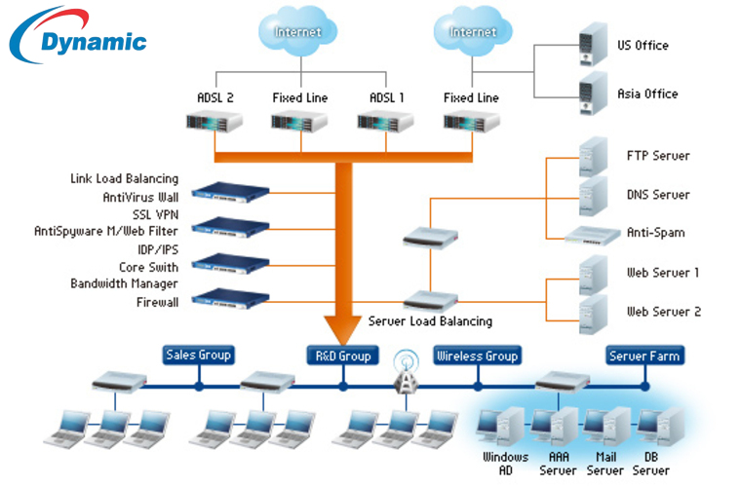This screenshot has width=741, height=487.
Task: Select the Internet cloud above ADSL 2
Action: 297,34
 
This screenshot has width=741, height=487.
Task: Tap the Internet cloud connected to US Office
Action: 473,34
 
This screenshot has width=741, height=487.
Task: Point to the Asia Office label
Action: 647,94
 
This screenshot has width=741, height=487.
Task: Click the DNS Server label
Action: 657,195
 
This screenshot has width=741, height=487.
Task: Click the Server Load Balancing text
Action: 430,321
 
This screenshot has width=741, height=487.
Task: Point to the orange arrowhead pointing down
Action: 342,325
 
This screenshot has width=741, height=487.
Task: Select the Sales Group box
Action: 199,356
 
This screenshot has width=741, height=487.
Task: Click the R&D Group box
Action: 342,356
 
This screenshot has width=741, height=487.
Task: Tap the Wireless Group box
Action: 477,356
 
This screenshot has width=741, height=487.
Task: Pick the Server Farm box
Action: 644,356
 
